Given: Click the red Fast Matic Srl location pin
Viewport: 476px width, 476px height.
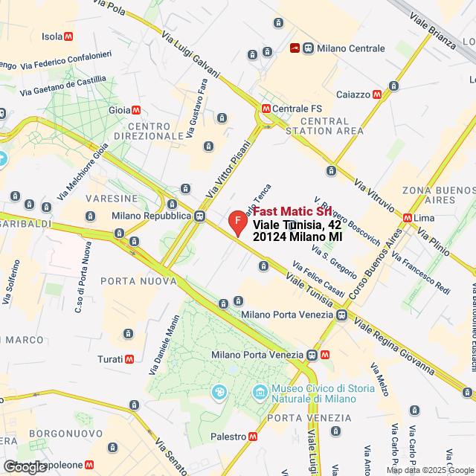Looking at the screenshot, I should click(x=237, y=222).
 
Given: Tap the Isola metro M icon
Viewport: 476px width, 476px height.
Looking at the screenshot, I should click(x=68, y=36).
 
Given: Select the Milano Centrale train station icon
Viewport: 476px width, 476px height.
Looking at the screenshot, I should click(x=295, y=48).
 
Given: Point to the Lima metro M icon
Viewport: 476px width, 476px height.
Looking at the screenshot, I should click(x=407, y=217).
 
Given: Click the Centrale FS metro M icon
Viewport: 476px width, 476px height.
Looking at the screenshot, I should click(x=266, y=109).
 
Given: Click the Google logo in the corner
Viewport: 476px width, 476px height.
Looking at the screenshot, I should click(x=24, y=466).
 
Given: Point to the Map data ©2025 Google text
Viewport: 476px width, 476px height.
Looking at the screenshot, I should click(x=429, y=470).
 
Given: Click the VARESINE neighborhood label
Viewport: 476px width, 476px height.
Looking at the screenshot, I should click(x=112, y=199).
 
